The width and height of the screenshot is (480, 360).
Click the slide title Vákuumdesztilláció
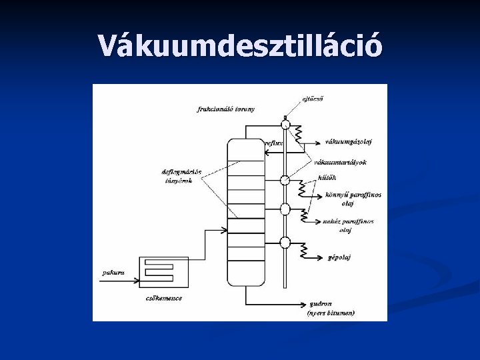pos(240,46)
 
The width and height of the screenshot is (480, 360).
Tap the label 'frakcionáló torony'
pos(226,109)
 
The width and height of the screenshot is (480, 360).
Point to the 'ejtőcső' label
pos(313,100)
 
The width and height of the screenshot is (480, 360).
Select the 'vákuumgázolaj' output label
pos(349,141)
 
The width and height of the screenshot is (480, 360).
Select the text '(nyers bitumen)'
pos(331,313)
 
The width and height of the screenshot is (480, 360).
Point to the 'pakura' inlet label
pos(112,272)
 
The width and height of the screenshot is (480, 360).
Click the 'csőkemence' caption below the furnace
pos(163,298)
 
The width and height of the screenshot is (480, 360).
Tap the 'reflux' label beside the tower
pos(273,143)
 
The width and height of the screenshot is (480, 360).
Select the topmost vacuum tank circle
pos(285,123)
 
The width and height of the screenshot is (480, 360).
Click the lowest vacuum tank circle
pos(285,242)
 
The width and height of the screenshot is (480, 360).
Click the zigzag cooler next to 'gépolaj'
pos(303,251)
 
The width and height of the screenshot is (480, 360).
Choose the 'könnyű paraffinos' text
pos(353,195)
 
